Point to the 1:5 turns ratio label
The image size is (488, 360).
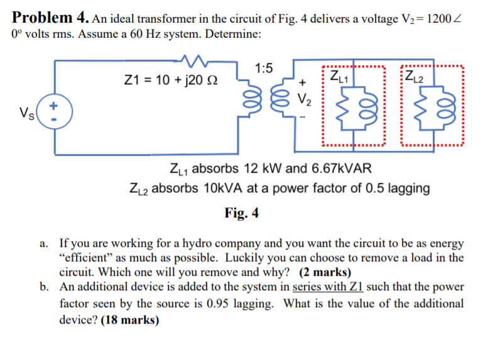tap(264, 68)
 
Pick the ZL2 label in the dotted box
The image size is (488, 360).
tap(415, 78)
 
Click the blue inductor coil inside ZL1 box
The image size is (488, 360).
tap(371, 107)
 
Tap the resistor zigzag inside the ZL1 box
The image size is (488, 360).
tap(344, 107)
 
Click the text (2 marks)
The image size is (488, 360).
tap(325, 273)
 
